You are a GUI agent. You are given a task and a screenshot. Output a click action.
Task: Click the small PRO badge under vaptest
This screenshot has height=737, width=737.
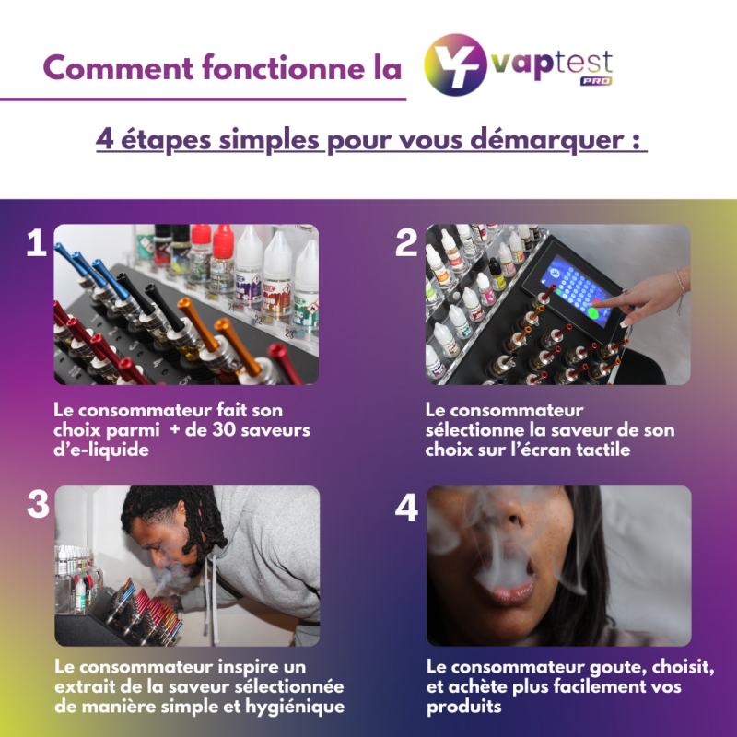coord(595,81)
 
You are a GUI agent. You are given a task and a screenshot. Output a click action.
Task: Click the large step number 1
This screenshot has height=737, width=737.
coord(36,243)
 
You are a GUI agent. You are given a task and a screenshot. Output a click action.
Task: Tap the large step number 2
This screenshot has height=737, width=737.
coord(406,243)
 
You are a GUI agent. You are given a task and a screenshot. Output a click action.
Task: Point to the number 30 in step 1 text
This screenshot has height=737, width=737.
coord(221,429)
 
